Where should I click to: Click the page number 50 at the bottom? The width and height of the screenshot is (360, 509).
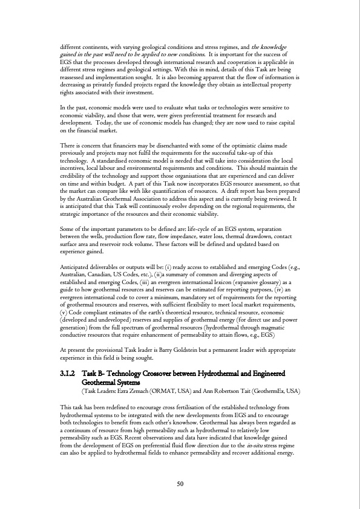click(180, 484)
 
